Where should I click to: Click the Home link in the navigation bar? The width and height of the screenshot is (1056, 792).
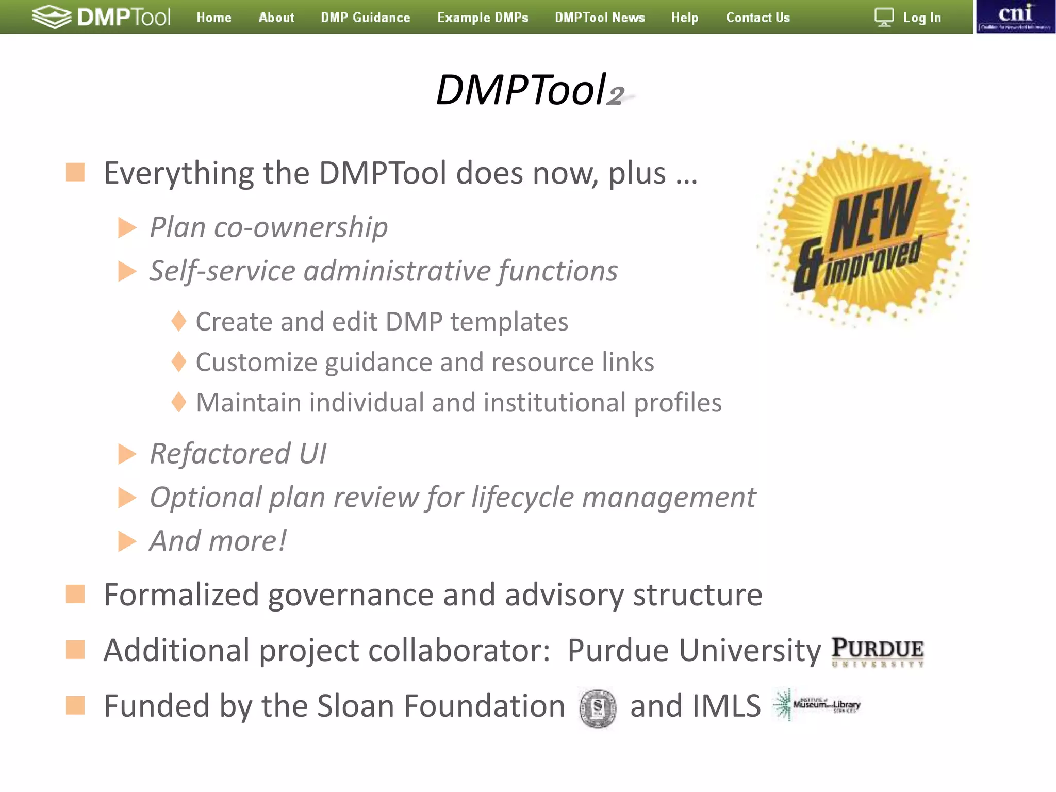click(x=214, y=18)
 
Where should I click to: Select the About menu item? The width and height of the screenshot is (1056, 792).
click(x=276, y=18)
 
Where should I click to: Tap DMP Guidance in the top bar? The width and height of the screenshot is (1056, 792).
click(x=366, y=18)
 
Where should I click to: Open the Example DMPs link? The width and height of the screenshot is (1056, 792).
click(x=483, y=18)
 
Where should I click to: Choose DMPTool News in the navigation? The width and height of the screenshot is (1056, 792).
click(x=600, y=18)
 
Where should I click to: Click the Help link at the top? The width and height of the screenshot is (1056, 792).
click(x=685, y=18)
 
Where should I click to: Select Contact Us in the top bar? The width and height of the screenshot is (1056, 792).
click(x=757, y=18)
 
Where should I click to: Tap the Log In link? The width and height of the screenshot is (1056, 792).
click(x=922, y=18)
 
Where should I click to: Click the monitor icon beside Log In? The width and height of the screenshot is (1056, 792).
click(x=884, y=17)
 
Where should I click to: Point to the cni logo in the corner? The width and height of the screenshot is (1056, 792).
click(x=1015, y=16)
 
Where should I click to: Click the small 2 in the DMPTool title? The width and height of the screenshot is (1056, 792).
click(x=615, y=96)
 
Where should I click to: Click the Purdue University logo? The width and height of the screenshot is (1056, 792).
click(x=878, y=652)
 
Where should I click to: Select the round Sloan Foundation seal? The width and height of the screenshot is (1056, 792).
click(x=598, y=708)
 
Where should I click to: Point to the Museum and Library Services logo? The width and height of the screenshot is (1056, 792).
click(x=817, y=704)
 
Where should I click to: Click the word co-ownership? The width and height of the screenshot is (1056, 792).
click(x=301, y=227)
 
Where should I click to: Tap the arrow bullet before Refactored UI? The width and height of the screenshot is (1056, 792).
click(x=127, y=454)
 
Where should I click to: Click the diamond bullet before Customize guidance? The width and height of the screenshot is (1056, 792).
click(x=179, y=362)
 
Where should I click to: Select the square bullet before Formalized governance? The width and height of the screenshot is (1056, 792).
click(x=75, y=594)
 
